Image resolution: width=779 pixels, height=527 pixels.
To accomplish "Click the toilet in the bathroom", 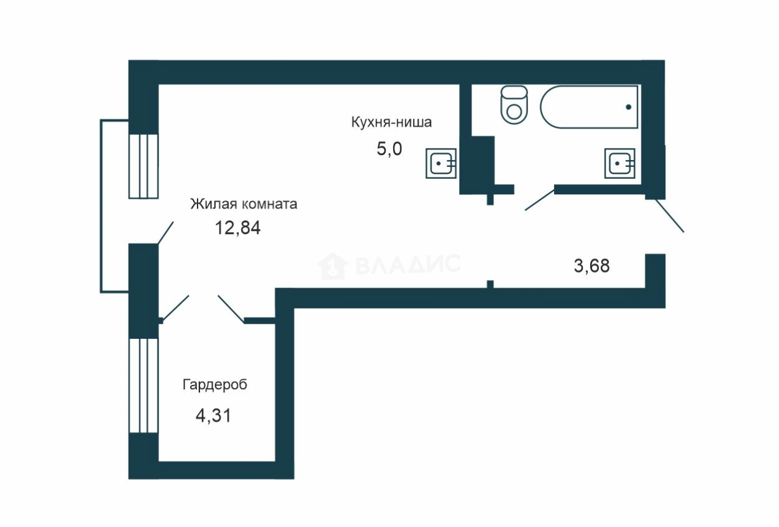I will [514, 105].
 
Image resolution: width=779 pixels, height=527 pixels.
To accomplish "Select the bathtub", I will [589, 107].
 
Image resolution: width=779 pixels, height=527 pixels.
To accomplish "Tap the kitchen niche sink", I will [441, 164].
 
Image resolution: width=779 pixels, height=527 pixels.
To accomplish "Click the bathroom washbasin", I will [620, 164].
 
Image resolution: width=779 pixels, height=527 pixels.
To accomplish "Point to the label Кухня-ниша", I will [391, 122].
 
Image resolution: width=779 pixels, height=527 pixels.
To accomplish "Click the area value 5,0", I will [389, 150].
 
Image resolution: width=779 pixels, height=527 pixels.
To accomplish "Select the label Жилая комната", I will [244, 204].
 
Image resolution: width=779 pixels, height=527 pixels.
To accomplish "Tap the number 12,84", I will [237, 228].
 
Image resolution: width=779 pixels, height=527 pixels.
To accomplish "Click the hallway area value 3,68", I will [592, 266].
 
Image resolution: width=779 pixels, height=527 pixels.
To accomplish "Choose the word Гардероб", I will [215, 385].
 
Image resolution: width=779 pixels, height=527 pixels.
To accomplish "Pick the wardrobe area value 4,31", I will [213, 415].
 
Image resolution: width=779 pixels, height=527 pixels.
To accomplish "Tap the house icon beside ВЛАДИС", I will [332, 266].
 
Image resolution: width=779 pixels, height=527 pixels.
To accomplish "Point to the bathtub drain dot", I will [629, 107].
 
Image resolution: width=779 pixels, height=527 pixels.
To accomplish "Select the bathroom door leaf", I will [539, 200].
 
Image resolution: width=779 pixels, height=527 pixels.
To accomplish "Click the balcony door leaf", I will [165, 232].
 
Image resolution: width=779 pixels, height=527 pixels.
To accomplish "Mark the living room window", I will [143, 166].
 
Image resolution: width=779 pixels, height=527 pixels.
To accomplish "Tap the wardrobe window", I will [143, 385].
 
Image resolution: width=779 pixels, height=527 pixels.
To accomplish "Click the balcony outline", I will [101, 205].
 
